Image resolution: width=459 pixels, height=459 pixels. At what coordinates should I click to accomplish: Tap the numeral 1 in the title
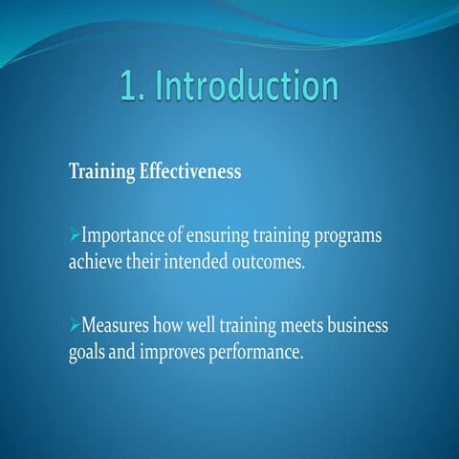[x=129, y=86]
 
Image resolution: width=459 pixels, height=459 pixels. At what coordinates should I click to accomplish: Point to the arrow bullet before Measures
[x=75, y=326]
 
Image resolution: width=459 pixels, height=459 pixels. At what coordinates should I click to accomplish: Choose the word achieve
[x=96, y=261]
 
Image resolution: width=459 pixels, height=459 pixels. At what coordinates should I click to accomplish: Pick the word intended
[x=196, y=261]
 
